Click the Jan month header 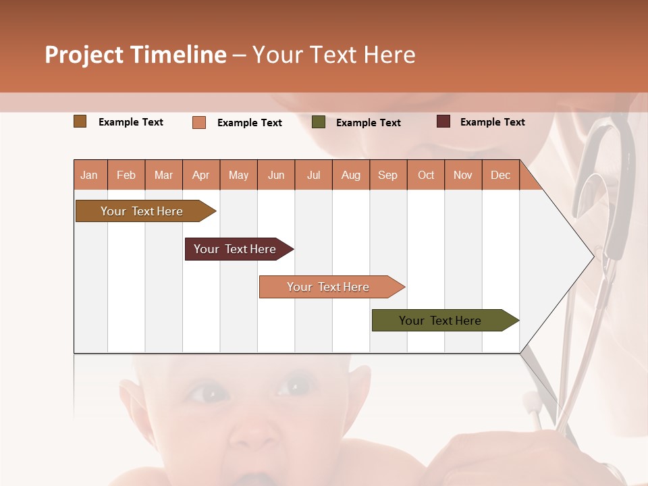(x=90, y=175)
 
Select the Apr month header (x=201, y=175)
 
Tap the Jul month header (x=313, y=175)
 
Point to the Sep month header (x=387, y=175)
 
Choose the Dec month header (x=500, y=175)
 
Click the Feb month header (x=126, y=175)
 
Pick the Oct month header (x=426, y=175)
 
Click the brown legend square (x=80, y=122)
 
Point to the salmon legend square (x=199, y=122)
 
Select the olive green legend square (x=319, y=122)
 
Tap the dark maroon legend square (x=443, y=122)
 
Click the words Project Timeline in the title (x=136, y=55)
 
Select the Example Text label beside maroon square (x=492, y=122)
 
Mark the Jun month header (x=276, y=175)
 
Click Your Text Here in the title (x=333, y=55)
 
